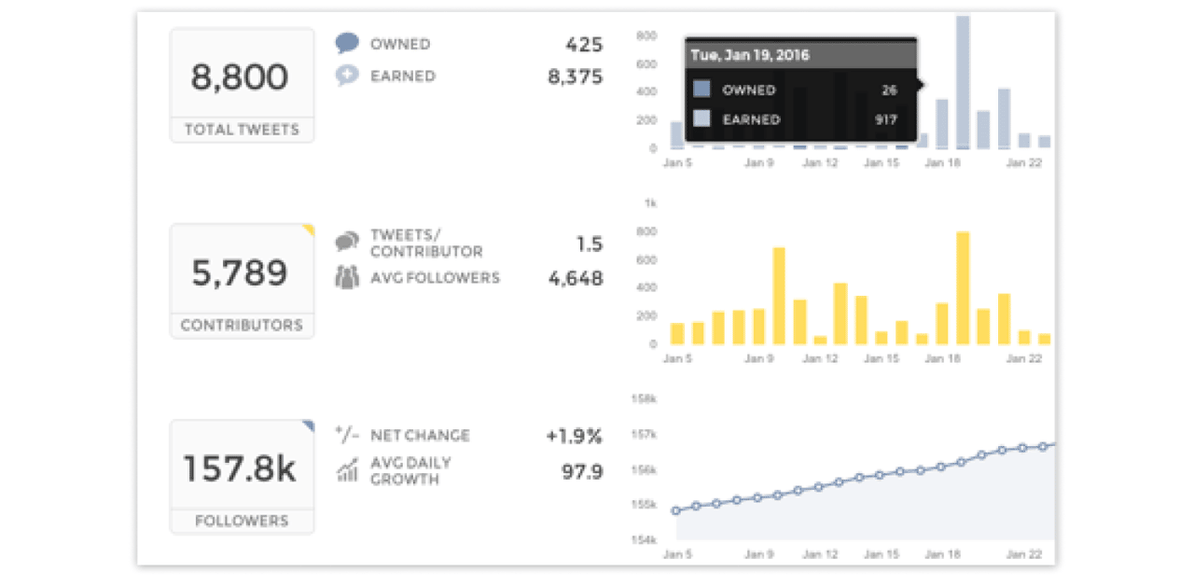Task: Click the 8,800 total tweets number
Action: click(241, 77)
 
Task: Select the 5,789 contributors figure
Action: click(241, 272)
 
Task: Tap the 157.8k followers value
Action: click(241, 468)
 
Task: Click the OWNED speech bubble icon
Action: click(347, 44)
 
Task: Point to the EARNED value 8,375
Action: click(575, 77)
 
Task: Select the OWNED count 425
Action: click(584, 44)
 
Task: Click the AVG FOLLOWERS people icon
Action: click(347, 278)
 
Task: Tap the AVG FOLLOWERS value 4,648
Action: click(575, 278)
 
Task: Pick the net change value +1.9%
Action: click(574, 436)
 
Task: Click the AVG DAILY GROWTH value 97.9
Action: click(583, 472)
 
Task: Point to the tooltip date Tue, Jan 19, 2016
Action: click(750, 56)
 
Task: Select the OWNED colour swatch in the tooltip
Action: click(702, 90)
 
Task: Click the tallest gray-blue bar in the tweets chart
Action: click(963, 84)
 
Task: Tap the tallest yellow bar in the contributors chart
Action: click(963, 289)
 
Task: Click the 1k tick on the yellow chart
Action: click(650, 202)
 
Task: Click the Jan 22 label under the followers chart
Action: click(1023, 554)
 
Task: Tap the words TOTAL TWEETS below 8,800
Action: click(242, 130)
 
